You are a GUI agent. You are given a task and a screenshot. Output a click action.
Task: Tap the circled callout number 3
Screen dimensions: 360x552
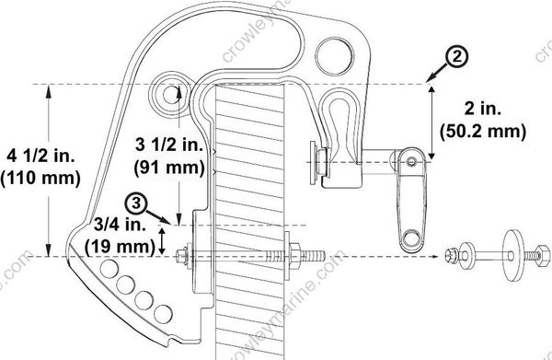(136, 200)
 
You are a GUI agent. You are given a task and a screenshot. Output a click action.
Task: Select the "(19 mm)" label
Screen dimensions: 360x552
(118, 246)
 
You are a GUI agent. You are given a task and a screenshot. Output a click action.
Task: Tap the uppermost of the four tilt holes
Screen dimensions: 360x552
(111, 268)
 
